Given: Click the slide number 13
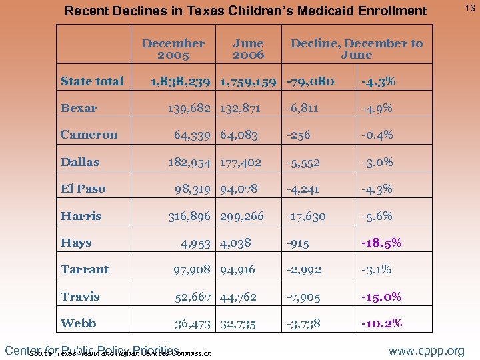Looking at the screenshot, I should point(469,7).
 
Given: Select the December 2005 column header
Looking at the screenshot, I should point(173,49).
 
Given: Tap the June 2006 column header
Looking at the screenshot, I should point(248,49).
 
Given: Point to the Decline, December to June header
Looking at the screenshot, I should point(356,49).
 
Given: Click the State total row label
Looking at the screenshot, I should point(92,81).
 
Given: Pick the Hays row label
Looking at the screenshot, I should point(76,243).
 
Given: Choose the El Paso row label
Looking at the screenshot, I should point(83,189).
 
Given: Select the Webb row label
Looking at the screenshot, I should point(78,323).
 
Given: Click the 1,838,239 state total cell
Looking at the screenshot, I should point(181,81).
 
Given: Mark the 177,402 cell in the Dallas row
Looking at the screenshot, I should point(243,162).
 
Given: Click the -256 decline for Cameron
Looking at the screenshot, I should point(299,135).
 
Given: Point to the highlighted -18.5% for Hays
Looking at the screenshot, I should point(381,243).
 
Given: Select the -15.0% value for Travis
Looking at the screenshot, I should point(381,297).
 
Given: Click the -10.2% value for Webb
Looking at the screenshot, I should point(381,323).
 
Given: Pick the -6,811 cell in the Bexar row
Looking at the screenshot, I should point(304,108).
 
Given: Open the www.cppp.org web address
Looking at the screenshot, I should point(427,351).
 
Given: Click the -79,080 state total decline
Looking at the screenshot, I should point(310,81).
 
